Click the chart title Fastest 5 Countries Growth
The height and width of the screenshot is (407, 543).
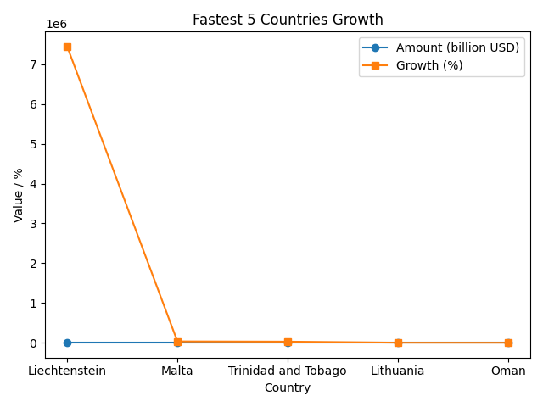(x=288, y=20)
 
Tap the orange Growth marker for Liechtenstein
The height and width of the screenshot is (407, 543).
(x=67, y=47)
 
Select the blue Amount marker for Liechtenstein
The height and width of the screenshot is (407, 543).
(x=67, y=343)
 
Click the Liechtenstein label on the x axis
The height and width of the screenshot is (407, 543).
(x=67, y=371)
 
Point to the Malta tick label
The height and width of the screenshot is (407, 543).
(x=177, y=371)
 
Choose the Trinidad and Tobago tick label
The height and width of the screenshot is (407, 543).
(x=288, y=371)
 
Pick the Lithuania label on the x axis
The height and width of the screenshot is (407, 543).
(x=398, y=371)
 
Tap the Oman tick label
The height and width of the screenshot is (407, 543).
(x=508, y=371)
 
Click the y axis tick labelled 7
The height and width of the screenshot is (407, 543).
(x=35, y=64)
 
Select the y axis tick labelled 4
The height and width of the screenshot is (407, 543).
(x=35, y=184)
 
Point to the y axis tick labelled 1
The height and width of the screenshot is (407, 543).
(x=35, y=304)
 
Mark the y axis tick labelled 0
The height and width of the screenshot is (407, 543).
(x=35, y=343)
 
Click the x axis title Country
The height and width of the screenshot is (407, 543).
(x=288, y=387)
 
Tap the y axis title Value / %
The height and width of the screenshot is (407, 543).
(x=19, y=194)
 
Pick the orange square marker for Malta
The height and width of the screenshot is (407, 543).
(x=177, y=342)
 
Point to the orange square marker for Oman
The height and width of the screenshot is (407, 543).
(x=508, y=343)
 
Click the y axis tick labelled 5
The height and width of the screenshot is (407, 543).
(x=35, y=144)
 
